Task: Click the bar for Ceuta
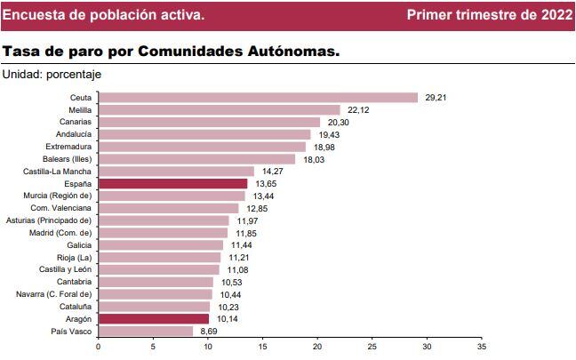pyautogui.click(x=258, y=98)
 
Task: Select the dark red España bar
pyautogui.click(x=172, y=183)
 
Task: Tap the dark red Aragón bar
pyautogui.click(x=153, y=318)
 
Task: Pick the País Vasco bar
pyautogui.click(x=145, y=331)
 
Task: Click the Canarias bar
pyautogui.click(x=209, y=122)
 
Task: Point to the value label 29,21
pyautogui.click(x=436, y=98)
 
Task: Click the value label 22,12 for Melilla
pyautogui.click(x=357, y=110)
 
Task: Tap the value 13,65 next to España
pyautogui.click(x=264, y=183)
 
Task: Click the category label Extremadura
pyautogui.click(x=68, y=147)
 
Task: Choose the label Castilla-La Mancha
pyautogui.click(x=60, y=171)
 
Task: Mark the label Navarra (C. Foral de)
pyautogui.click(x=53, y=293)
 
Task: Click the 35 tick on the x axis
pyautogui.click(x=482, y=347)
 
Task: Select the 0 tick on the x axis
pyautogui.click(x=98, y=347)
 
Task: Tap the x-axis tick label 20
pyautogui.click(x=317, y=347)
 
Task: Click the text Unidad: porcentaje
pyautogui.click(x=52, y=75)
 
